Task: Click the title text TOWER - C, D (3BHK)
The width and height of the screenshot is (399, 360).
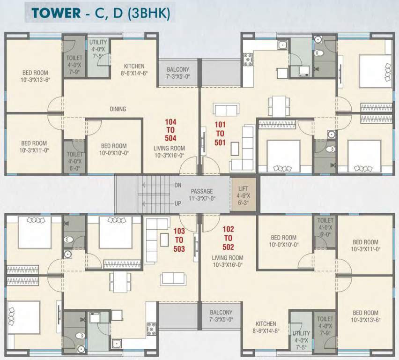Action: point(101,13)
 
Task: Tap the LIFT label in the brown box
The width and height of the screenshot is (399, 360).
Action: point(243,189)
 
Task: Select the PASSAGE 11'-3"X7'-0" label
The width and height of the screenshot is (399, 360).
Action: point(202,195)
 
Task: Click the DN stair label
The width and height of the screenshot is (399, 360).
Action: point(178,185)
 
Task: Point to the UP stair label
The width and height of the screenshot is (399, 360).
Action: point(178,203)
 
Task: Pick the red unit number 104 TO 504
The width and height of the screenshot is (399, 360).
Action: point(170,130)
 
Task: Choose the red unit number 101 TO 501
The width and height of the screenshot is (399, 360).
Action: point(220,134)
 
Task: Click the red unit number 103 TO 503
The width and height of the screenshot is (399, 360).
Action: point(179,240)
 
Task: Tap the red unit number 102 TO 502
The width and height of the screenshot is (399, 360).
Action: point(228,238)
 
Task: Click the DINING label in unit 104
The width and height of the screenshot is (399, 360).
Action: point(118,109)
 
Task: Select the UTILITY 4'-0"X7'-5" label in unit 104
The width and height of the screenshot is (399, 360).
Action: point(98,49)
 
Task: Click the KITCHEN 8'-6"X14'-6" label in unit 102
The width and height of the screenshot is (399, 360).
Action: point(266,327)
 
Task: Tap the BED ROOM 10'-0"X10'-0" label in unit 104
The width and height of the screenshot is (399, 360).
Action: point(114,150)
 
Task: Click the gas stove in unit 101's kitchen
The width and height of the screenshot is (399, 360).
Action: point(248,59)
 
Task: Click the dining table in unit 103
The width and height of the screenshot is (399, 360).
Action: point(120,282)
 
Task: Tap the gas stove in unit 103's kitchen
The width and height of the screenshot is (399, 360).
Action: point(152,329)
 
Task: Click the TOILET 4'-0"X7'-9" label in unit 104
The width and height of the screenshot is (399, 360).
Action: point(74,65)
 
